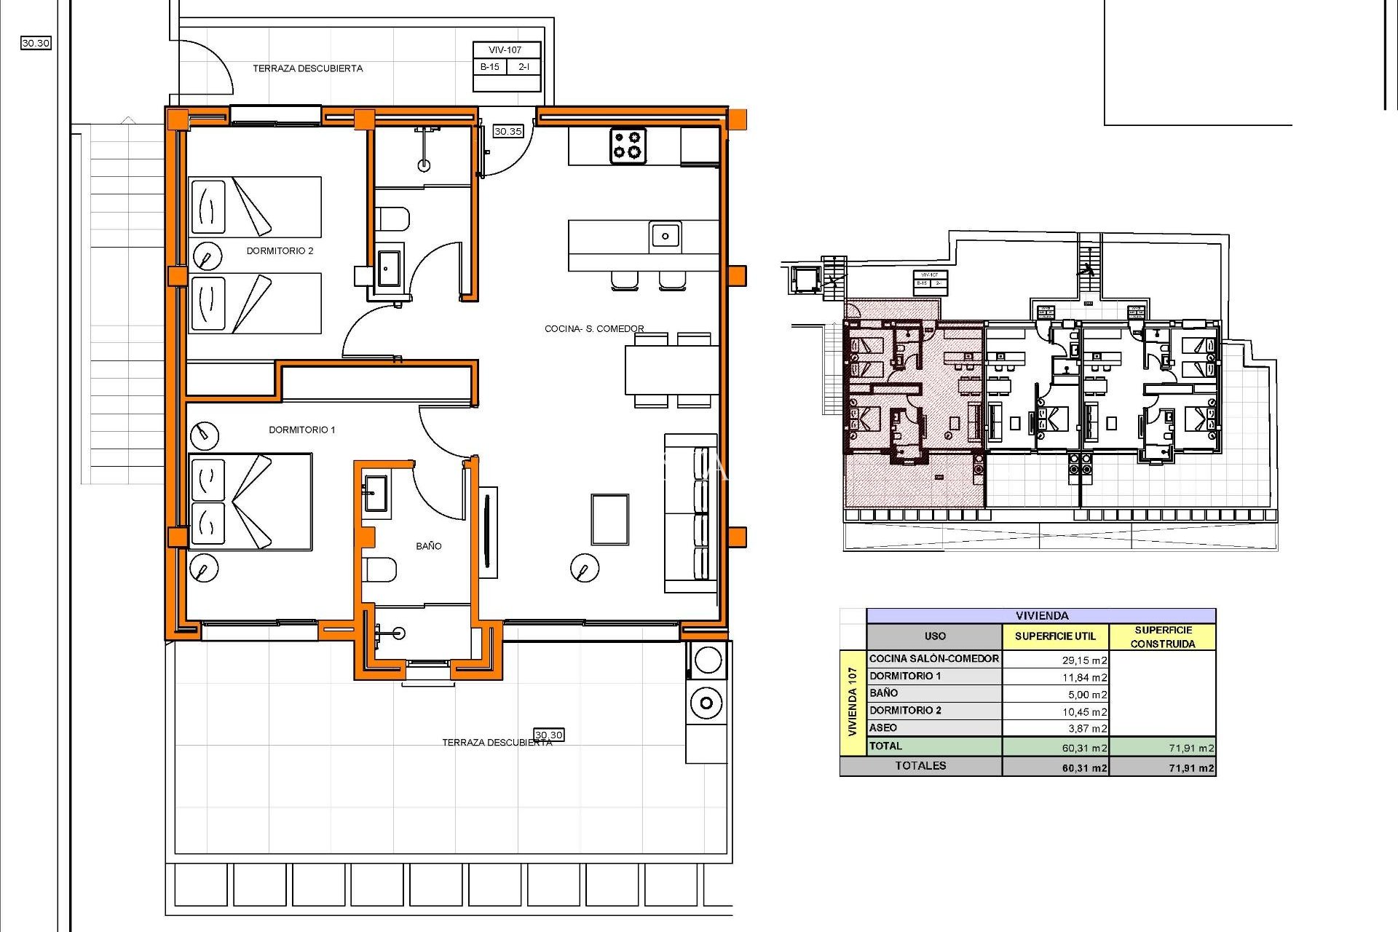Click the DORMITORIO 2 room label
[x=280, y=251]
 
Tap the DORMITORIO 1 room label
[x=301, y=430]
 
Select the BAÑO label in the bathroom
[x=428, y=546]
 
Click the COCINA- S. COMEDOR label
[x=594, y=329]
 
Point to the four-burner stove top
[x=627, y=145]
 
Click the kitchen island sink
[x=665, y=236]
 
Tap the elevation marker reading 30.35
[x=508, y=132]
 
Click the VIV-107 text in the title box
[x=505, y=50]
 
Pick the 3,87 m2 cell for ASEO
[x=1084, y=729]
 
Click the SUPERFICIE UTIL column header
[x=1055, y=636]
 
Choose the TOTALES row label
[x=920, y=766]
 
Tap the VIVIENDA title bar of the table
[x=1041, y=616]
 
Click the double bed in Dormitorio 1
[x=250, y=502]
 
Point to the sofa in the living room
[x=690, y=513]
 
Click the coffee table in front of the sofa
[x=609, y=519]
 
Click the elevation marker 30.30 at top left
[x=36, y=43]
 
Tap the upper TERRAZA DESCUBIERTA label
[x=307, y=68]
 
